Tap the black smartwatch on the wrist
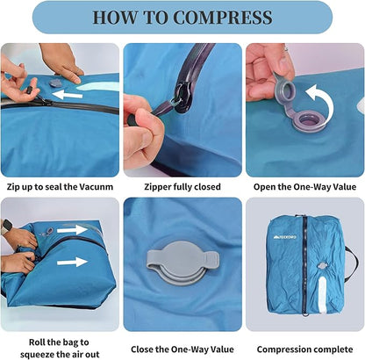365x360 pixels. (7, 227)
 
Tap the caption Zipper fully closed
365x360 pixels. (182, 185)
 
